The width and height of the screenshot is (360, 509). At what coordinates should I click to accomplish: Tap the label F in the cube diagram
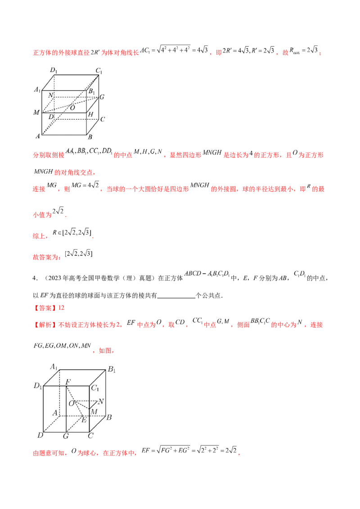(x=68, y=382)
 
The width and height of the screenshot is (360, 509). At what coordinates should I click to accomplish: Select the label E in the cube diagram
(x=84, y=420)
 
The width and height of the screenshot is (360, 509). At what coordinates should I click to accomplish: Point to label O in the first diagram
(x=72, y=108)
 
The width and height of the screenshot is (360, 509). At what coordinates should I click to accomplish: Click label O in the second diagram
(x=71, y=403)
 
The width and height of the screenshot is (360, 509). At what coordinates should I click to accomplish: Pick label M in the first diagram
(x=36, y=112)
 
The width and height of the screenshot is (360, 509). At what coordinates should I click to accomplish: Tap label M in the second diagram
(x=94, y=411)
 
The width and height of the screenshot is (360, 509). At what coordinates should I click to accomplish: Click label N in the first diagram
(x=50, y=95)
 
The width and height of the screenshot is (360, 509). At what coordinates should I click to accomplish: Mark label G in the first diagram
(x=102, y=97)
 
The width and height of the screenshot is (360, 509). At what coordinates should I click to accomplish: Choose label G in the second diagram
(x=66, y=436)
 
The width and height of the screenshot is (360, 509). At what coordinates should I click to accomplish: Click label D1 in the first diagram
(x=54, y=70)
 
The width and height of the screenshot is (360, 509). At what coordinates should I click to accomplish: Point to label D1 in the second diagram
(x=37, y=386)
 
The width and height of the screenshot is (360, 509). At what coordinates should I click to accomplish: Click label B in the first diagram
(x=90, y=137)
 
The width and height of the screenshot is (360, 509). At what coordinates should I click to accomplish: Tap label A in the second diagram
(x=55, y=412)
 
